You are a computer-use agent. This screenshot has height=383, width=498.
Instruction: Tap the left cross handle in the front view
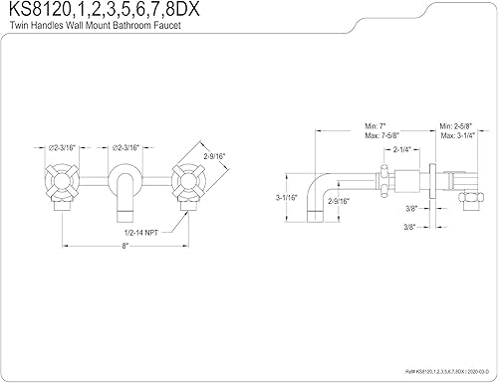67,182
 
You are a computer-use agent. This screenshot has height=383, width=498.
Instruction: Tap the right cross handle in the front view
186,182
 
